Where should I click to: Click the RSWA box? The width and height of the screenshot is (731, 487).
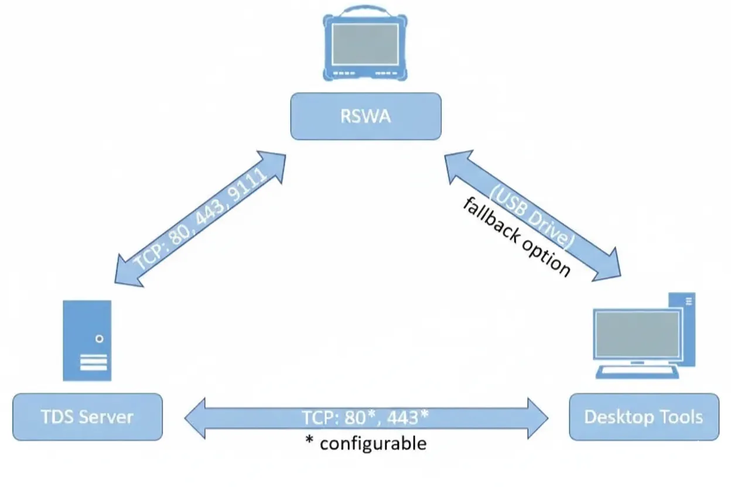pos(365,116)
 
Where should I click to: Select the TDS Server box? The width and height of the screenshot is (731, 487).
pos(87,417)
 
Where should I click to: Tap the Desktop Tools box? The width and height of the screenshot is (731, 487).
pos(643,417)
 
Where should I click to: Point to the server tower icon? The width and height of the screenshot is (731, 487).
pos(87,340)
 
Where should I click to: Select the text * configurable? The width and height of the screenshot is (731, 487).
pos(365,443)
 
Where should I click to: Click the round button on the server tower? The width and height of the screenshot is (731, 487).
pos(100,338)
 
